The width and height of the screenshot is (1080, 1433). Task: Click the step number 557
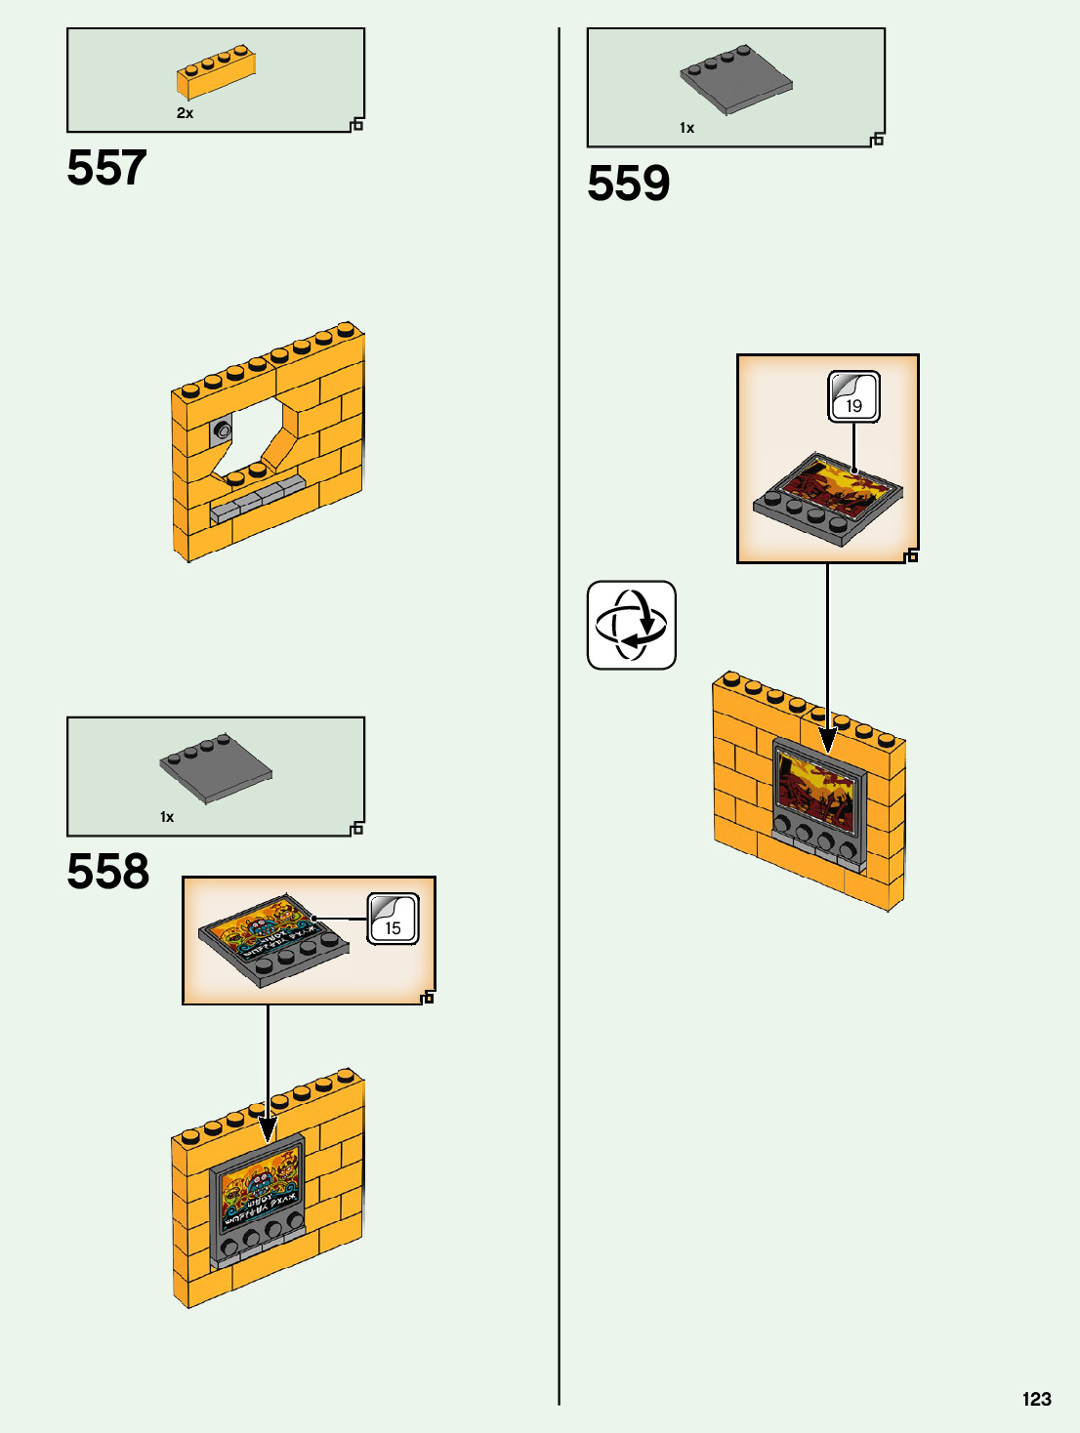coord(106,168)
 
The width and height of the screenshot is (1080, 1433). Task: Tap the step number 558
coord(107,872)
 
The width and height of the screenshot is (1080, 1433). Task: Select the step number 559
coord(628,184)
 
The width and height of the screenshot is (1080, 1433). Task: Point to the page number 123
coord(1036,1399)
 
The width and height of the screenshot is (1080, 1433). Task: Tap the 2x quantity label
coord(185,113)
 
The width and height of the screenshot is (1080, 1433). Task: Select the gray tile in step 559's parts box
coord(736,80)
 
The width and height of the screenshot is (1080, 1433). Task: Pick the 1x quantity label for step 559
coord(686,128)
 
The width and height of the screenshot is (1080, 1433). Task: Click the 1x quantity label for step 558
coord(167,817)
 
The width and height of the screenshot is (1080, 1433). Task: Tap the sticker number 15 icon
coord(393,919)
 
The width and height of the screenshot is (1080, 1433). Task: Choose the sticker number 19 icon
coord(853,396)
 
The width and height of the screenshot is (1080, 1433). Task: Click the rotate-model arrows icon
coord(631,625)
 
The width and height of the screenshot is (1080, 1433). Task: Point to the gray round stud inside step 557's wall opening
coord(224,430)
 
